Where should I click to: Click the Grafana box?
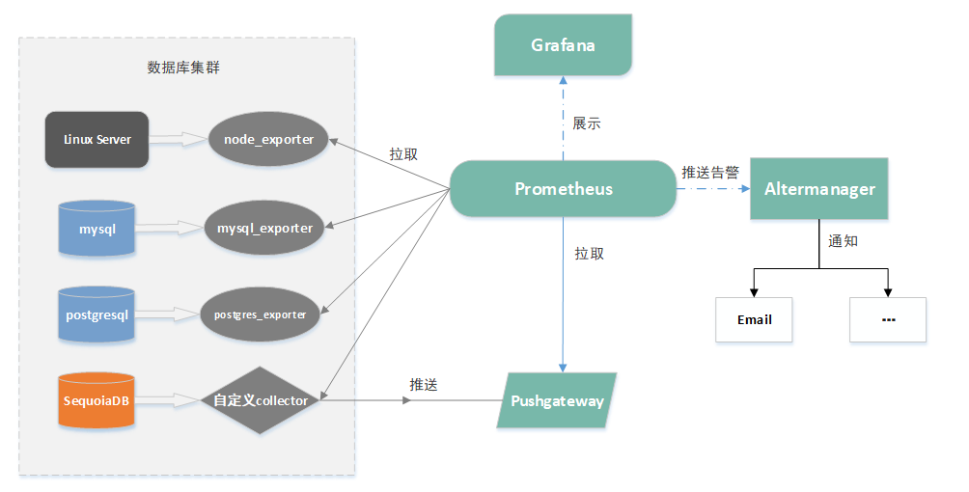(x=563, y=45)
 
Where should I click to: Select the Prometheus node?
(x=563, y=189)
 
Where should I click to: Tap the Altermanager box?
(x=818, y=189)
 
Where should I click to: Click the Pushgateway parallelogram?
(x=557, y=400)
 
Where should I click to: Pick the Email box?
(x=754, y=319)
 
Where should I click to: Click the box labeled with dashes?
(x=888, y=319)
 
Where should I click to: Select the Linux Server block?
(x=97, y=140)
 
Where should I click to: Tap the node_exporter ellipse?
(x=268, y=140)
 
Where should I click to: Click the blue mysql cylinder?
(x=97, y=229)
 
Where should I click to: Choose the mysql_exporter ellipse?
(x=264, y=229)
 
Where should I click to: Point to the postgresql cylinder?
(x=97, y=314)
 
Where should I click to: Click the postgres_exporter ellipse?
(x=260, y=314)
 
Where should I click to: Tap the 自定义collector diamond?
(x=261, y=399)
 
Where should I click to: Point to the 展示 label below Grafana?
(x=587, y=123)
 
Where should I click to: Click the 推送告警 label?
(x=710, y=173)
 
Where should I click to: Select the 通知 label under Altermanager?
(x=843, y=240)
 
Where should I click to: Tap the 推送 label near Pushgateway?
(x=424, y=385)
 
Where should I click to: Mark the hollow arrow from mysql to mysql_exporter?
(x=170, y=229)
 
